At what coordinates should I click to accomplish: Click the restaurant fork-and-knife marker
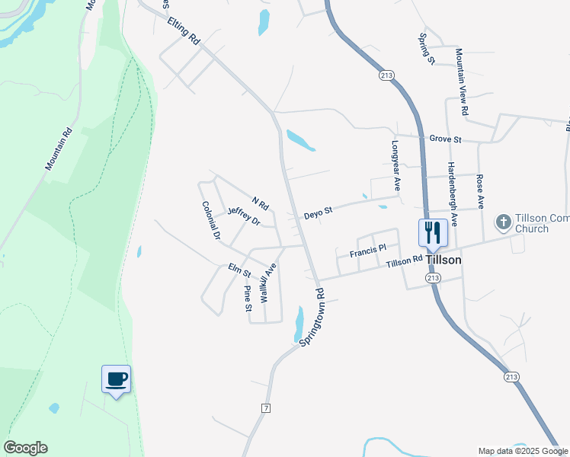[x=433, y=233]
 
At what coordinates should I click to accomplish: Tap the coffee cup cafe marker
[x=116, y=379]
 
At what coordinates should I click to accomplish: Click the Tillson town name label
[x=443, y=260]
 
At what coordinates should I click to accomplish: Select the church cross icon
[x=503, y=222]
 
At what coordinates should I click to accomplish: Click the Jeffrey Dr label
[x=243, y=217]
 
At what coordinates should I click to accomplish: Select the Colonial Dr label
[x=211, y=221]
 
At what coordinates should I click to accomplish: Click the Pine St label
[x=246, y=299]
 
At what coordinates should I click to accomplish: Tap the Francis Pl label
[x=369, y=249]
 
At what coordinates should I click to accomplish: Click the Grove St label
[x=446, y=139]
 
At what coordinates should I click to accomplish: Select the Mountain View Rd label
[x=462, y=81]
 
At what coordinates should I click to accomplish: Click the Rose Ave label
[x=480, y=192]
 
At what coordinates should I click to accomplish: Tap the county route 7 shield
[x=266, y=409]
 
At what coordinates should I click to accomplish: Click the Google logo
[x=25, y=448]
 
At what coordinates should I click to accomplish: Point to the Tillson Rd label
[x=404, y=261]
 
